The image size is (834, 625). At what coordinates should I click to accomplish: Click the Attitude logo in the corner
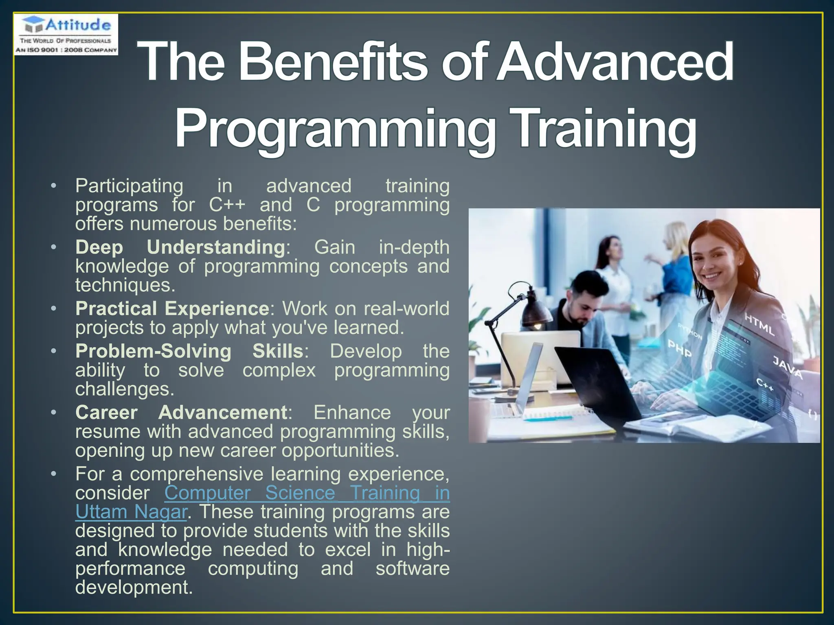click(x=66, y=34)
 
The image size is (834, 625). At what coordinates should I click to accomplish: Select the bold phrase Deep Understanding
click(x=180, y=247)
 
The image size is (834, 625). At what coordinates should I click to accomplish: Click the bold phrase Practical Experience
click(x=172, y=308)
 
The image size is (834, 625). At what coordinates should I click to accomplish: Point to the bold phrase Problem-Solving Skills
click(x=189, y=351)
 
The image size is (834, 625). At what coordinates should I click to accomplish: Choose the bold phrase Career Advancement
click(x=182, y=412)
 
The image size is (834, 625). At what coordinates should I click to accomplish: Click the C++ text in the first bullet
click(x=227, y=205)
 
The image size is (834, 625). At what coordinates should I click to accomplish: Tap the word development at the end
click(x=134, y=587)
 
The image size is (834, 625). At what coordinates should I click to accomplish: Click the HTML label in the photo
click(x=759, y=323)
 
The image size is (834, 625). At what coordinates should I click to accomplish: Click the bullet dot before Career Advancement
click(x=53, y=412)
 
